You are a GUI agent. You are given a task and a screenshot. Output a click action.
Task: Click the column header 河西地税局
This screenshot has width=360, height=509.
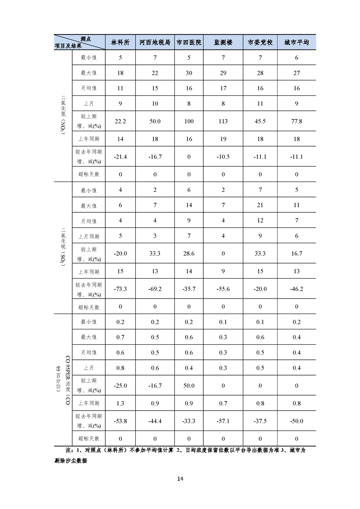pyautogui.click(x=155, y=42)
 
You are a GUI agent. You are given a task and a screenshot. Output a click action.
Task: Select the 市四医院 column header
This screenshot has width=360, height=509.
pyautogui.click(x=189, y=42)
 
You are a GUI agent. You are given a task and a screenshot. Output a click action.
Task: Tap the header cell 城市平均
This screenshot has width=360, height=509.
pyautogui.click(x=296, y=42)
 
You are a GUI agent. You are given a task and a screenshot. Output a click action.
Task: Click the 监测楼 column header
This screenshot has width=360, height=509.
pyautogui.click(x=223, y=42)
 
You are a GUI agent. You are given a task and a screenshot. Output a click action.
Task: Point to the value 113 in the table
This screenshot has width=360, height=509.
pyautogui.click(x=223, y=121)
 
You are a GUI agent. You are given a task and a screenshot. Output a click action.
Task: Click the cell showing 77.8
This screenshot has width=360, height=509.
pyautogui.click(x=296, y=121)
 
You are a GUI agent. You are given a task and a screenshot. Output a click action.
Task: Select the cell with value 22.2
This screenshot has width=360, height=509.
pyautogui.click(x=120, y=121)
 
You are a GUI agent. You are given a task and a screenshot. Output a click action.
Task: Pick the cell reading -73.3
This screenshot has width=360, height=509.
pyautogui.click(x=120, y=289)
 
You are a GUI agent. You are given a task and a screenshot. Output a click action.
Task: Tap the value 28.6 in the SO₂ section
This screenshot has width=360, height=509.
pyautogui.click(x=189, y=254)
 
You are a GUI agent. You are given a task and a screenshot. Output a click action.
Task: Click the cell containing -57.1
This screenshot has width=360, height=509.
pyautogui.click(x=223, y=421)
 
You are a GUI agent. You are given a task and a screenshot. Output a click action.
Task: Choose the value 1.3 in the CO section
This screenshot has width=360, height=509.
pyautogui.click(x=120, y=403)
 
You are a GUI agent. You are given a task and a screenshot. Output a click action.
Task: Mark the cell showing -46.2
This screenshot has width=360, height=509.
pyautogui.click(x=296, y=289)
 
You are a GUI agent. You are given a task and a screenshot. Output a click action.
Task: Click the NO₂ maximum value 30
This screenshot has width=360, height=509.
pyautogui.click(x=189, y=73)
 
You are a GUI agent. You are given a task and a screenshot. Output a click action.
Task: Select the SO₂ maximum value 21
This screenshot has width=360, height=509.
pyautogui.click(x=260, y=206)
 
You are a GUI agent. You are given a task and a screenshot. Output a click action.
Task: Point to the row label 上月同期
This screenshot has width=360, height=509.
pyautogui.click(x=89, y=236)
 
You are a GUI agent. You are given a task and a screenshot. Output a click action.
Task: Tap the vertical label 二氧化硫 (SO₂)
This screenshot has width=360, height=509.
pyautogui.click(x=63, y=247)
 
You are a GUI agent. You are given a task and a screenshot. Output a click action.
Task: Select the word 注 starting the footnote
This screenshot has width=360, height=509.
pyautogui.click(x=69, y=450)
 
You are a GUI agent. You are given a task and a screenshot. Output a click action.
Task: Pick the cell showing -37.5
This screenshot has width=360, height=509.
pyautogui.click(x=260, y=421)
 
